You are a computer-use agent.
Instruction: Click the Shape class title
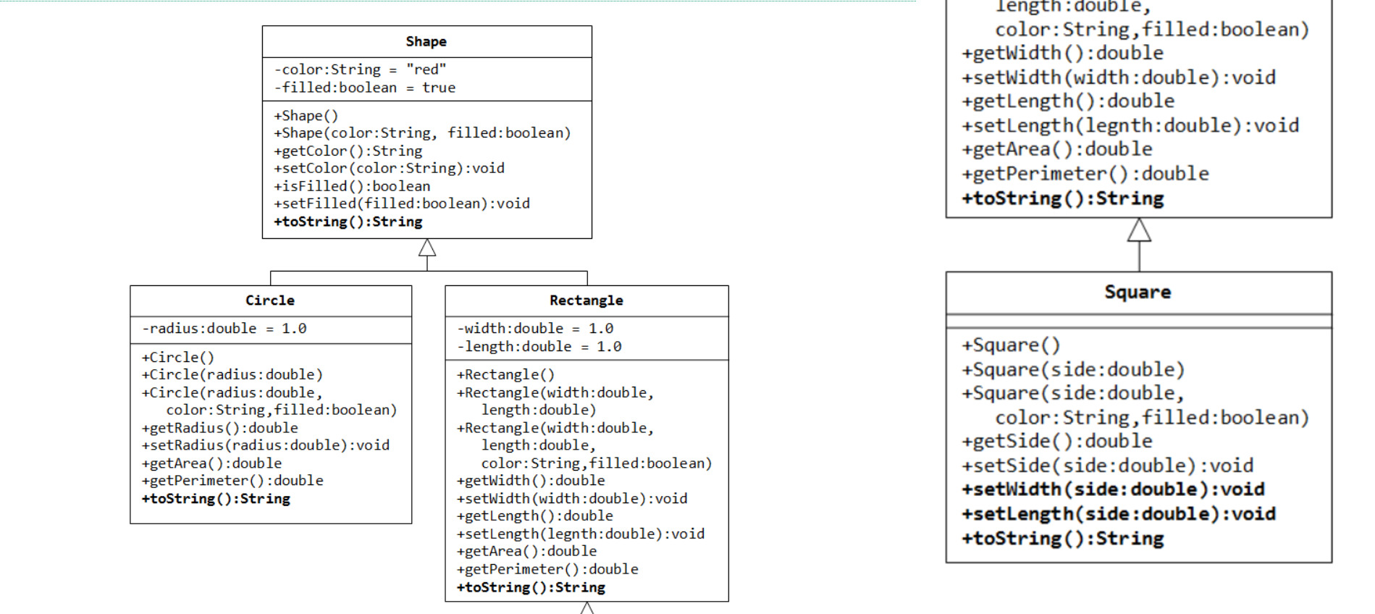point(426,42)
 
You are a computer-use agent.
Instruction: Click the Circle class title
point(270,300)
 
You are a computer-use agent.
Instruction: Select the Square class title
point(1138,293)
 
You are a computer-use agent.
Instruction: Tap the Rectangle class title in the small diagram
point(586,300)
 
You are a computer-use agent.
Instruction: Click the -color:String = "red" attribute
point(360,70)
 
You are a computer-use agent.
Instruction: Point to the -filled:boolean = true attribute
point(364,88)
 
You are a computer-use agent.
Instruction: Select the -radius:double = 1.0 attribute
point(224,329)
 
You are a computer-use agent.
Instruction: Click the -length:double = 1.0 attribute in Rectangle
point(539,347)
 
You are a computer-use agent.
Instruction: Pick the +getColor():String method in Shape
point(348,151)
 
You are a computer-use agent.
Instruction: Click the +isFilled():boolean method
point(351,186)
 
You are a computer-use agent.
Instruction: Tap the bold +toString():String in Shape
point(348,222)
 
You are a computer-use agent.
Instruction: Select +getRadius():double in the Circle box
point(219,428)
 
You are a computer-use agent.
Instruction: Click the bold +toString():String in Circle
point(216,499)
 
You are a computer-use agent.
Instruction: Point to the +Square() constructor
point(1010,345)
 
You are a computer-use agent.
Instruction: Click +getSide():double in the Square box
point(1056,442)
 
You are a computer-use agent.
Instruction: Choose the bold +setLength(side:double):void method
point(1118,514)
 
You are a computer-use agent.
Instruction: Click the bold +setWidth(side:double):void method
point(1113,489)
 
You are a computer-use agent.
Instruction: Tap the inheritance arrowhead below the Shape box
point(427,248)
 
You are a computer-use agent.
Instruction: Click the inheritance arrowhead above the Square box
point(1139,230)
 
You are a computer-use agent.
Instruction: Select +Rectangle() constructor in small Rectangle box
point(505,375)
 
